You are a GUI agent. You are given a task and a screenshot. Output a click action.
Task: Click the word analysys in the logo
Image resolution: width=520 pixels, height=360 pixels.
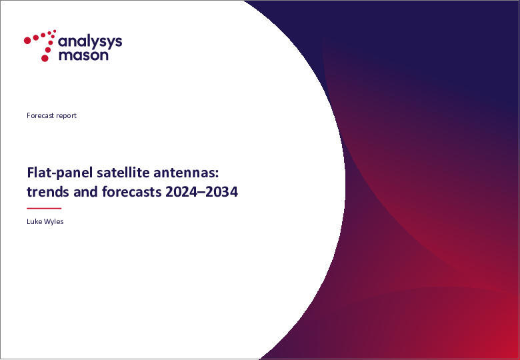90,41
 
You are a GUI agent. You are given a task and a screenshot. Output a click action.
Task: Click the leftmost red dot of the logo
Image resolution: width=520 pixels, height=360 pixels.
27,40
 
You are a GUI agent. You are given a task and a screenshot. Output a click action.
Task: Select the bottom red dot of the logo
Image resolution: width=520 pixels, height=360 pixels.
45,58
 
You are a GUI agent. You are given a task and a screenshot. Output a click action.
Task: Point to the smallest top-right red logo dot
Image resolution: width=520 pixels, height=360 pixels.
54,31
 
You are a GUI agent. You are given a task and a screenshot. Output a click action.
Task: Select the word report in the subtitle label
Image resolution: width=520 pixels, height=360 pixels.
67,115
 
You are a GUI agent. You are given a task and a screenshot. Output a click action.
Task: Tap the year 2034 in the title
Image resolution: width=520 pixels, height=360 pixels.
221,193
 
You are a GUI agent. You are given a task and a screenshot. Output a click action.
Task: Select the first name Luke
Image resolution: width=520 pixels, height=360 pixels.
35,221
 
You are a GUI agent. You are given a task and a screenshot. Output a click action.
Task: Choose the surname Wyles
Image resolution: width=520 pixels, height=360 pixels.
55,221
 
